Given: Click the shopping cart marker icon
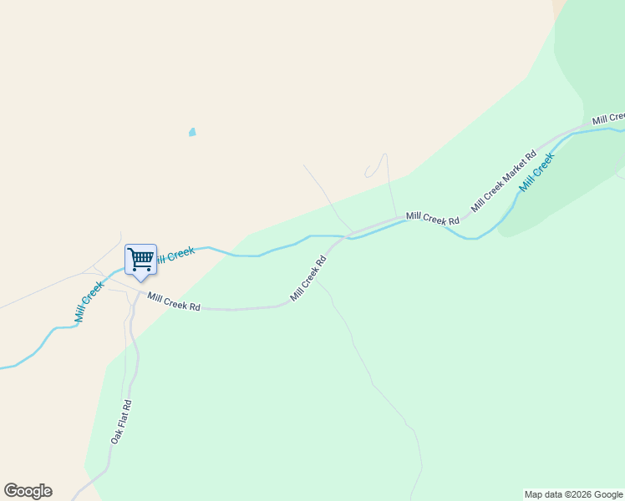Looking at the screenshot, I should point(140,259).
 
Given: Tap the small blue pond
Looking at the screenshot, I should point(192,132).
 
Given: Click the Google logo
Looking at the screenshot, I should point(28,491).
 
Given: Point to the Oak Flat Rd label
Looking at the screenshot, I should point(121,422).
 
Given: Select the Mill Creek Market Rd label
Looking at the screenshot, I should point(503,181).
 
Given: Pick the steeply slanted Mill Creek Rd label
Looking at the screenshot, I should point(307,278).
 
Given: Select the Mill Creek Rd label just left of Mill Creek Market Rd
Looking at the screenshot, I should point(433,219).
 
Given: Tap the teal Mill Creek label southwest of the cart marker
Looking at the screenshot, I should point(89,301).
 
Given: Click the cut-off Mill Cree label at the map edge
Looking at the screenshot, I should point(609,119).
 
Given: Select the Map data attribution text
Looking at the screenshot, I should point(574,494).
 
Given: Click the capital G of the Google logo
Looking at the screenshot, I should point(12,491).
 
